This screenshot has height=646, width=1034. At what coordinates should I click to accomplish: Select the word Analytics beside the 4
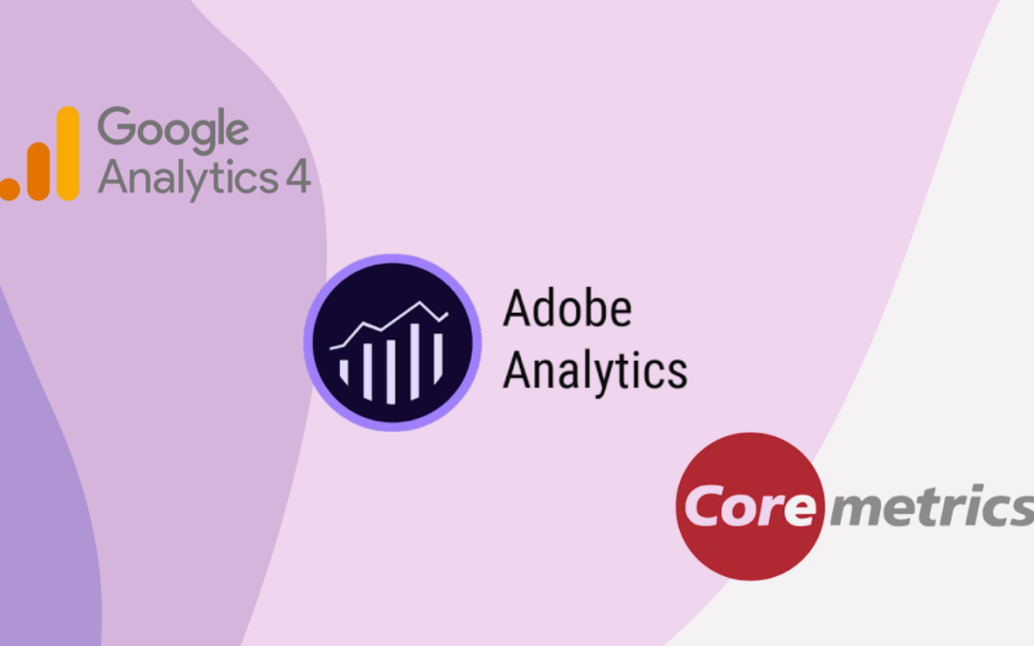click(x=187, y=178)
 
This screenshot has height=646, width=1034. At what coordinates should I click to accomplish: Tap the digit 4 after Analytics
click(x=298, y=178)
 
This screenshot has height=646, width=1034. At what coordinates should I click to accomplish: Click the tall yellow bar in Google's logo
click(x=67, y=153)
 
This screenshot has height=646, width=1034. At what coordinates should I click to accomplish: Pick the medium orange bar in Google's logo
click(x=38, y=170)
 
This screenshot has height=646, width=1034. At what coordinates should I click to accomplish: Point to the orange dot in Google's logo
click(x=8, y=189)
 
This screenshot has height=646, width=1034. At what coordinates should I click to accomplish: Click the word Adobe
click(x=567, y=310)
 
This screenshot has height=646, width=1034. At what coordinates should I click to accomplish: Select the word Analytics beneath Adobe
click(x=595, y=370)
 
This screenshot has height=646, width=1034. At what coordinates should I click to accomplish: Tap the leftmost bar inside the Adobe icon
click(x=345, y=369)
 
